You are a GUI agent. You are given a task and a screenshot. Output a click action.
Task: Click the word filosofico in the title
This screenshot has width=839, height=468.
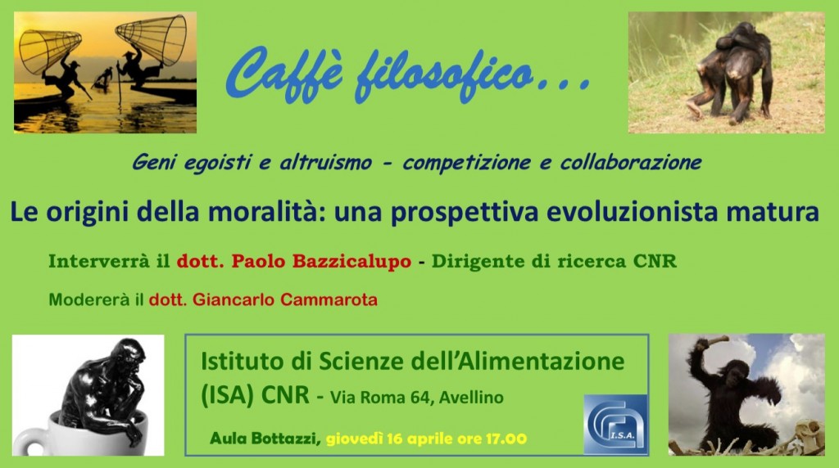pos(444,74)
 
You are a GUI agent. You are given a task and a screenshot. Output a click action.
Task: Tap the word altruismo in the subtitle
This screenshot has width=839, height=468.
pos(325,162)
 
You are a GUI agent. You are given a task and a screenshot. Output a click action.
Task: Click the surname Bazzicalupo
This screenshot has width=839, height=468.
pos(351,261)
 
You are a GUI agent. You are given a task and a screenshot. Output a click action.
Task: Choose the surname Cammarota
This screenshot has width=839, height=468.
pos(329,299)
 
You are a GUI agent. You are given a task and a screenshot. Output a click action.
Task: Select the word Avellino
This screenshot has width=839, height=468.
pos(471,398)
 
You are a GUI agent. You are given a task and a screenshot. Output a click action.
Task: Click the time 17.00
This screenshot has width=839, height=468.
pos(506,439)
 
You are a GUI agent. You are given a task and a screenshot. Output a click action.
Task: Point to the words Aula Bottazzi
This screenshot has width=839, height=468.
pos(265,439)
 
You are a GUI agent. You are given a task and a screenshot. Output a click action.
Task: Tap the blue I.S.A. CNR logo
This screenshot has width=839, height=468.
pos(616,425)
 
